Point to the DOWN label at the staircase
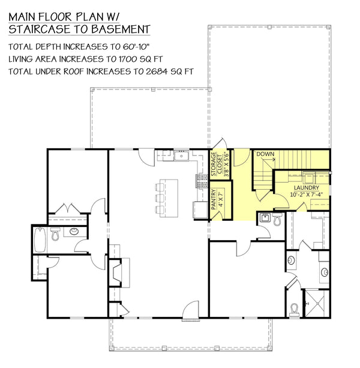pyautogui.click(x=265, y=154)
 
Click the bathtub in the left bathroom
pyautogui.click(x=40, y=239)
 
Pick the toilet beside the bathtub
pyautogui.click(x=55, y=235)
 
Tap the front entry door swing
pyautogui.click(x=191, y=309)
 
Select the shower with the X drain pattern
pyautogui.click(x=315, y=303)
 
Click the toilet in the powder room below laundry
pyautogui.click(x=277, y=220)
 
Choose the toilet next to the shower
pyautogui.click(x=294, y=308)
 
